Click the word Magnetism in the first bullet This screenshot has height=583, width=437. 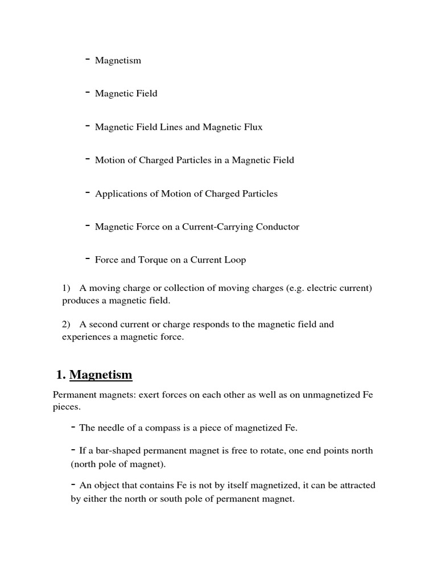118,60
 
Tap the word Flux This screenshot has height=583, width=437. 251,127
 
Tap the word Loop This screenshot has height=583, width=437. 235,260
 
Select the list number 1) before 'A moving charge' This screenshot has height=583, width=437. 66,288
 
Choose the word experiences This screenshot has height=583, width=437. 86,337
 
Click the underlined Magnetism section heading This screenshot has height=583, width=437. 101,375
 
